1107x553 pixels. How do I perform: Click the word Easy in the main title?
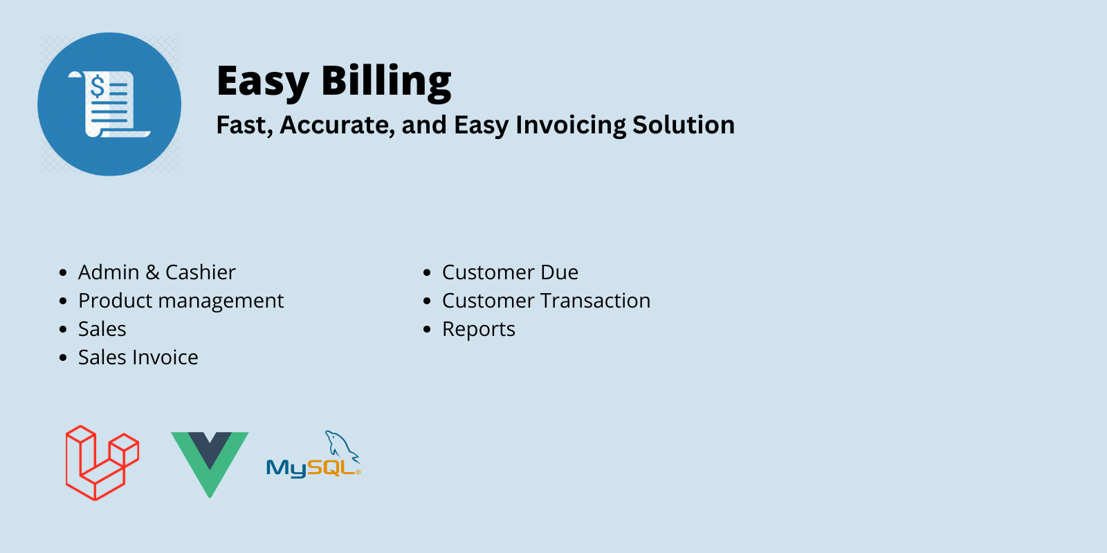click(262, 82)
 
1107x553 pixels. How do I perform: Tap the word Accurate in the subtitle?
click(337, 125)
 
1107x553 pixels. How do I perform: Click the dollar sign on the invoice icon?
click(98, 87)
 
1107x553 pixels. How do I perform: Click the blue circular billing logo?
click(109, 104)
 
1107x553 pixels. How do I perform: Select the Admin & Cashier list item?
click(156, 272)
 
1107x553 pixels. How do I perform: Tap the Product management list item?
click(181, 301)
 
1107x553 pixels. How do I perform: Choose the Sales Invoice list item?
click(138, 357)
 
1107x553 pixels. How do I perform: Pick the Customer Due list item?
click(510, 272)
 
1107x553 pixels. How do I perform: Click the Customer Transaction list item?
click(546, 301)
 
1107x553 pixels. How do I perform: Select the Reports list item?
click(479, 329)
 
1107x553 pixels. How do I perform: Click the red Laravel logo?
click(102, 462)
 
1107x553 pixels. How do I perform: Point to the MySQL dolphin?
click(342, 444)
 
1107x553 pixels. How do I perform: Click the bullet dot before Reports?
click(427, 330)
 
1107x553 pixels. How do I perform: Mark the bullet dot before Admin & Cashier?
click(63, 273)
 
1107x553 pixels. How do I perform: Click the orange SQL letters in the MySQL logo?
click(331, 468)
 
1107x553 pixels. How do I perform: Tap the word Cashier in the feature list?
click(200, 272)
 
